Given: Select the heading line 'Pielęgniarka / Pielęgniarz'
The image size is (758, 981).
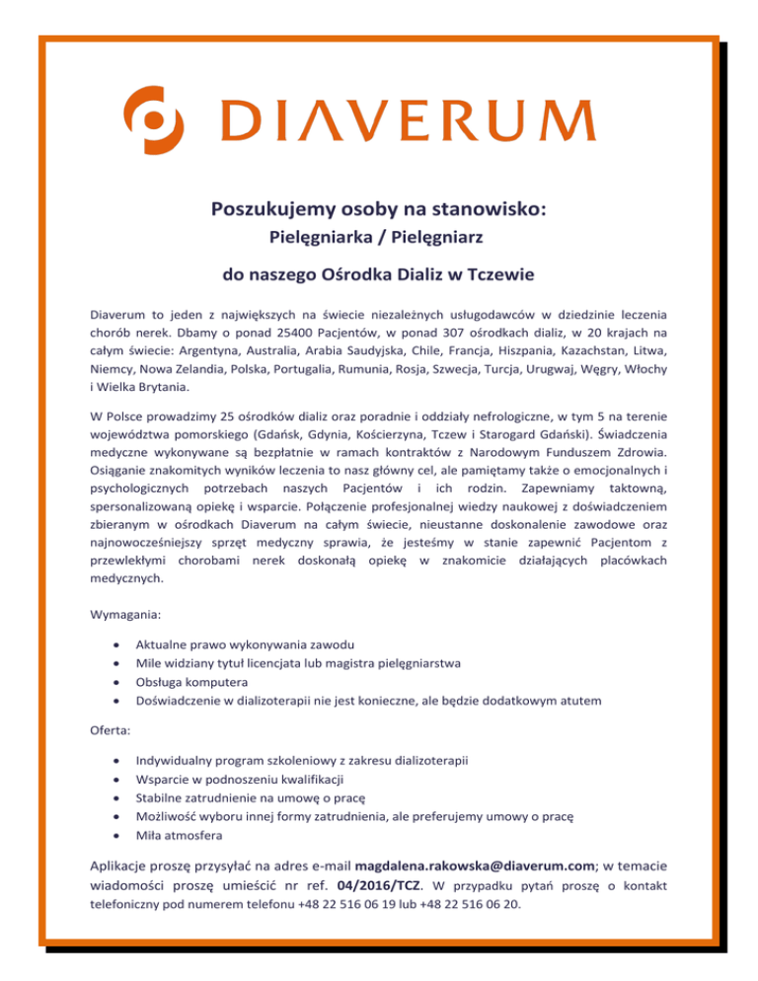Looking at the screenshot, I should point(379,238).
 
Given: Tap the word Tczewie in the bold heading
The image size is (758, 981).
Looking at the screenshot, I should point(504,272).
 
